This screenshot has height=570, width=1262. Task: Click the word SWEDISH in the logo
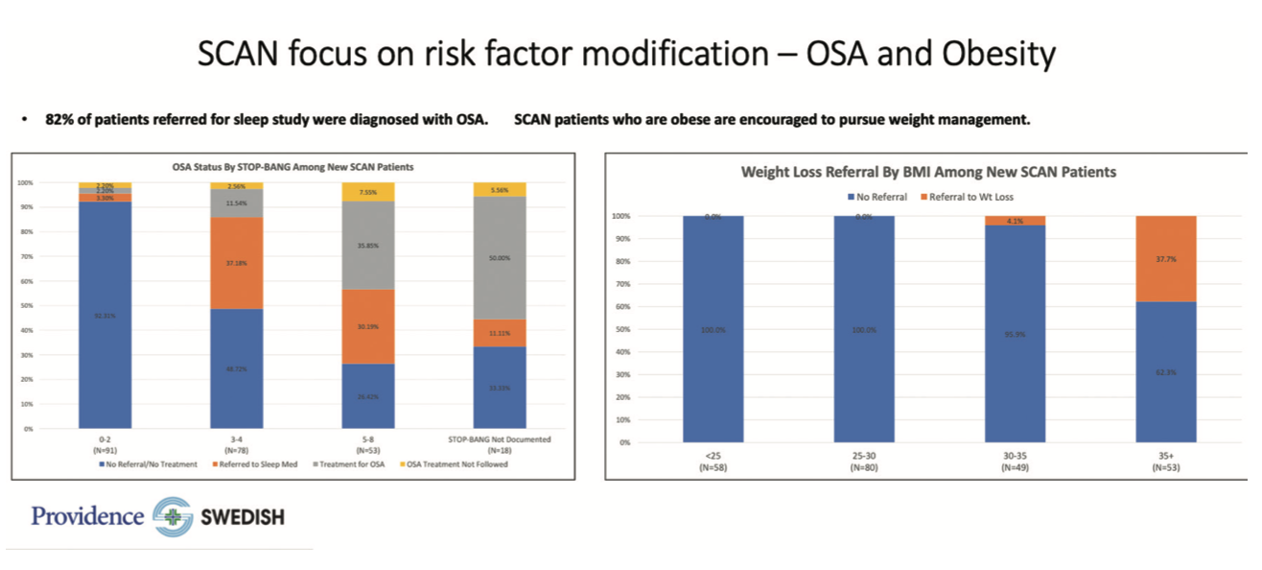coord(242,518)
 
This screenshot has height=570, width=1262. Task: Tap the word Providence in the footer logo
coord(87,516)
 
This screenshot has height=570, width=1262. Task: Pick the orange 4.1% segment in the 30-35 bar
coord(1015,221)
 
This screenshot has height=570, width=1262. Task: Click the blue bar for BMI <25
coord(713,329)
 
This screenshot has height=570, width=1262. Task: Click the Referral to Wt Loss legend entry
coord(971,197)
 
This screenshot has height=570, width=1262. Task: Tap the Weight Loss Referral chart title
coord(928,173)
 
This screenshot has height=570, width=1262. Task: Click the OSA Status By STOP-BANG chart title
coord(292,167)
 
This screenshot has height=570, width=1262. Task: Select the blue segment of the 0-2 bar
coord(105,315)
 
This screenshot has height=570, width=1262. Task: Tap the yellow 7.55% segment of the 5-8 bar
coord(368,191)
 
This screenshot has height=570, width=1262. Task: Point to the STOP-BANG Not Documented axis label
coord(500,440)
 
